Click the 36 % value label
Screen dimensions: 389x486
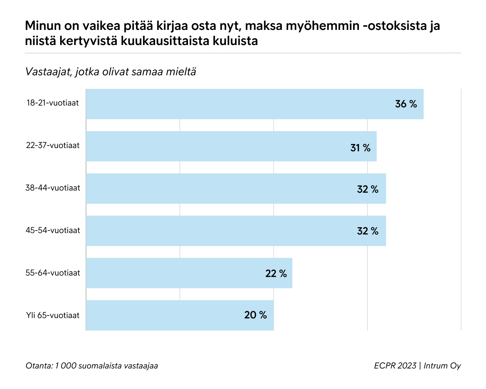(x=406, y=104)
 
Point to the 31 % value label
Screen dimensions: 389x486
(x=360, y=148)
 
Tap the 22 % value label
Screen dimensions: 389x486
(x=276, y=274)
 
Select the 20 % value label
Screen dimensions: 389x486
(x=256, y=315)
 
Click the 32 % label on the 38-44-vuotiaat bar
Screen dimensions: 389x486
(x=368, y=189)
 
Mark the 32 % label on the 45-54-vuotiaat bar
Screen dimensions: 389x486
(x=368, y=231)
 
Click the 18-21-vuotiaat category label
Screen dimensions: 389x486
(x=53, y=103)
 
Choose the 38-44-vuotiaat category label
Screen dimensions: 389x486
(x=53, y=188)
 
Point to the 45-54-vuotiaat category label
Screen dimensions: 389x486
(x=53, y=231)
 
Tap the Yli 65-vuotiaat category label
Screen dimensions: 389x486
(x=53, y=316)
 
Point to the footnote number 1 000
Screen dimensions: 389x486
(x=66, y=366)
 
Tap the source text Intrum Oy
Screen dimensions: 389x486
(x=442, y=366)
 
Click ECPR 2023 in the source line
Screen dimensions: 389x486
(x=395, y=366)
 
